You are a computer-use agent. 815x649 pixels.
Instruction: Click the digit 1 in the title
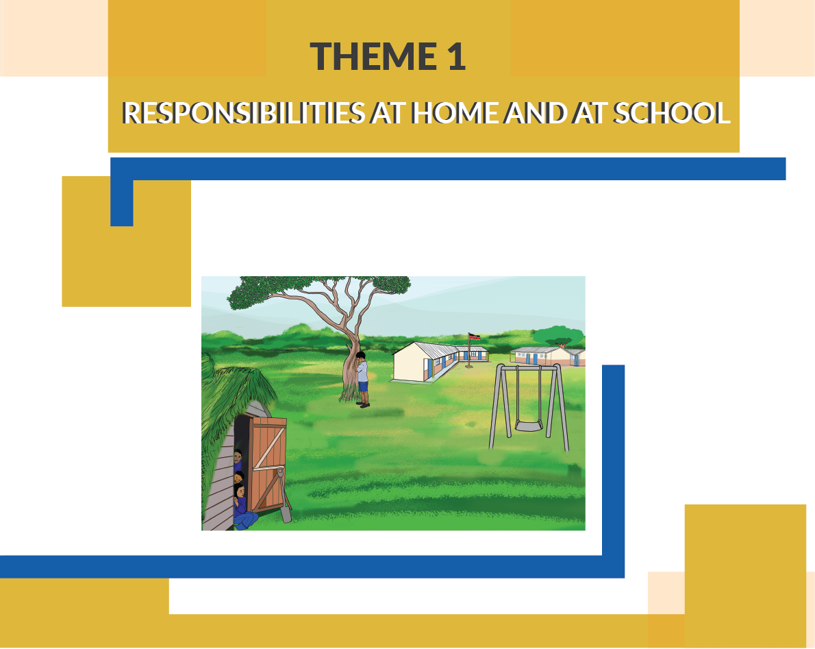456,56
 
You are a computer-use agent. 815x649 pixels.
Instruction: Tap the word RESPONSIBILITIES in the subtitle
243,113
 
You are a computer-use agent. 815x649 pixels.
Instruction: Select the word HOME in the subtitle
455,113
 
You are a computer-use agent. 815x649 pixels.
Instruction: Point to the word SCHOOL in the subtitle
672,113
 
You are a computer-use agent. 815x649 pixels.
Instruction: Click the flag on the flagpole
474,336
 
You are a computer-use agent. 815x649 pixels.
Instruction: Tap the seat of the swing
529,426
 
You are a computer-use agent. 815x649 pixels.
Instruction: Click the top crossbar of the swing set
529,367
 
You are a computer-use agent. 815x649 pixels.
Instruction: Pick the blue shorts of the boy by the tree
363,387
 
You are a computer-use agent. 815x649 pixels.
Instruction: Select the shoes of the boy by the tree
364,404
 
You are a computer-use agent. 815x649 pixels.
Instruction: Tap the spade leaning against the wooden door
283,495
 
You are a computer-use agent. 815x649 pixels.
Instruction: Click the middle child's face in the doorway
238,478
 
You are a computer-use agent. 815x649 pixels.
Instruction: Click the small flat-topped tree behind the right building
558,335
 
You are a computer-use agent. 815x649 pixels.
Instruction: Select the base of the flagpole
469,365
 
